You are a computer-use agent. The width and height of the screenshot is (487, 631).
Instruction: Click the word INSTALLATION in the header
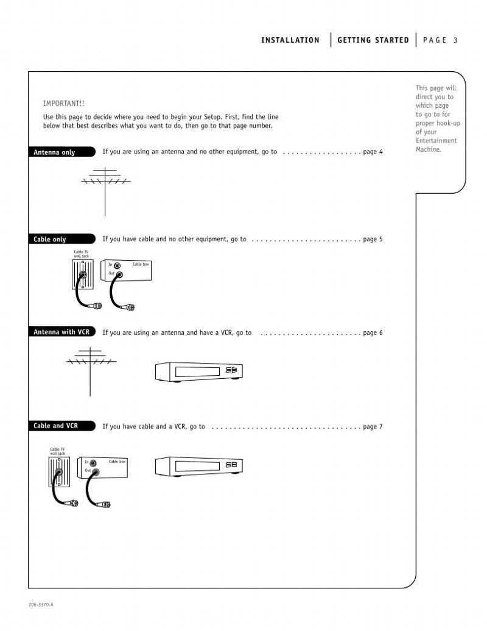click(290, 40)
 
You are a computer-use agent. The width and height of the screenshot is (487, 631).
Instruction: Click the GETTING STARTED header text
click(373, 40)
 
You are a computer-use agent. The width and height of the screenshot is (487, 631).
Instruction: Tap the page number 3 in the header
click(455, 40)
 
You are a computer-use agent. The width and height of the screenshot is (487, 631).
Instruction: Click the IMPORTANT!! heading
click(59, 104)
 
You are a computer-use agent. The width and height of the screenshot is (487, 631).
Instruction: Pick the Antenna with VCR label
click(61, 333)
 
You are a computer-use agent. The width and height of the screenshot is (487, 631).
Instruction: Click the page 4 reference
click(373, 152)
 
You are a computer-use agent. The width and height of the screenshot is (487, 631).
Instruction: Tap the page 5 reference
click(373, 239)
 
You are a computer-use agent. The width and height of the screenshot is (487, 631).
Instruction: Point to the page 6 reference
click(373, 333)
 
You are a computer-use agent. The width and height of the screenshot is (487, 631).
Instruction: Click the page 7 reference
click(373, 427)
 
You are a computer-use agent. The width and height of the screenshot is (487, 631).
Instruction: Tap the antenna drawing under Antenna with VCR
click(90, 368)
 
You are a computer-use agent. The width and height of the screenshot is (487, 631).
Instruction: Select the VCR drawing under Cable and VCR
click(198, 467)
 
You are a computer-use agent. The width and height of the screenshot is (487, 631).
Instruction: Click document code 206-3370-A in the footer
click(41, 604)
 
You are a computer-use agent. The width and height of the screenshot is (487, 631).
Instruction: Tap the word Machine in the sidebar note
click(429, 149)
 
